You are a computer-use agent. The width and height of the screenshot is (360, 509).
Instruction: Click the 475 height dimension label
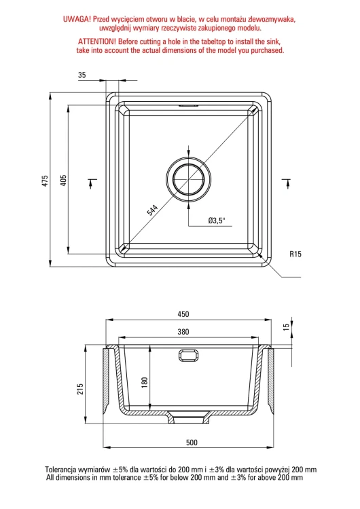pyautogui.click(x=45, y=181)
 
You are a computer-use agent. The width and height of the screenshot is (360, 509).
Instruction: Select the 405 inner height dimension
pyautogui.click(x=64, y=181)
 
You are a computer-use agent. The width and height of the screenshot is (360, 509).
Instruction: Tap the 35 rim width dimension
pyautogui.click(x=82, y=75)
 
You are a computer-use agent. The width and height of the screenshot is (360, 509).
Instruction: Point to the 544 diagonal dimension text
pyautogui.click(x=152, y=210)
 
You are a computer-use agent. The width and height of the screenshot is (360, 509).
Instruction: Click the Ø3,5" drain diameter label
pyautogui.click(x=217, y=221)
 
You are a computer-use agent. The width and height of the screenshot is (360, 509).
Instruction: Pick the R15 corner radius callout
pyautogui.click(x=295, y=254)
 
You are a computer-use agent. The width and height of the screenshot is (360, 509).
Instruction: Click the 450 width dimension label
pyautogui.click(x=183, y=314)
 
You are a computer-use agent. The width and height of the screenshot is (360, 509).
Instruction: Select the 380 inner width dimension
pyautogui.click(x=183, y=332)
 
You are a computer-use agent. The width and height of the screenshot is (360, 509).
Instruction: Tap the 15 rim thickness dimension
pyautogui.click(x=286, y=327)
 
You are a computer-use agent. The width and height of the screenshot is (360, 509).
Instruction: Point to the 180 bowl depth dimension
pyautogui.click(x=145, y=382)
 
